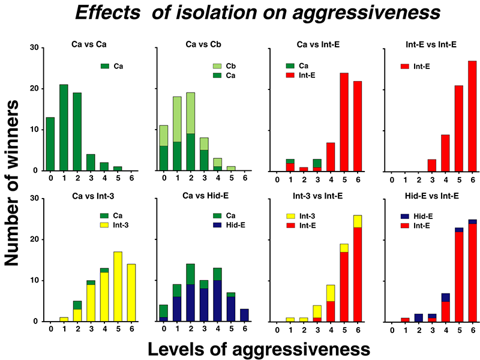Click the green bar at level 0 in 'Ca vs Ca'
point(50,144)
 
